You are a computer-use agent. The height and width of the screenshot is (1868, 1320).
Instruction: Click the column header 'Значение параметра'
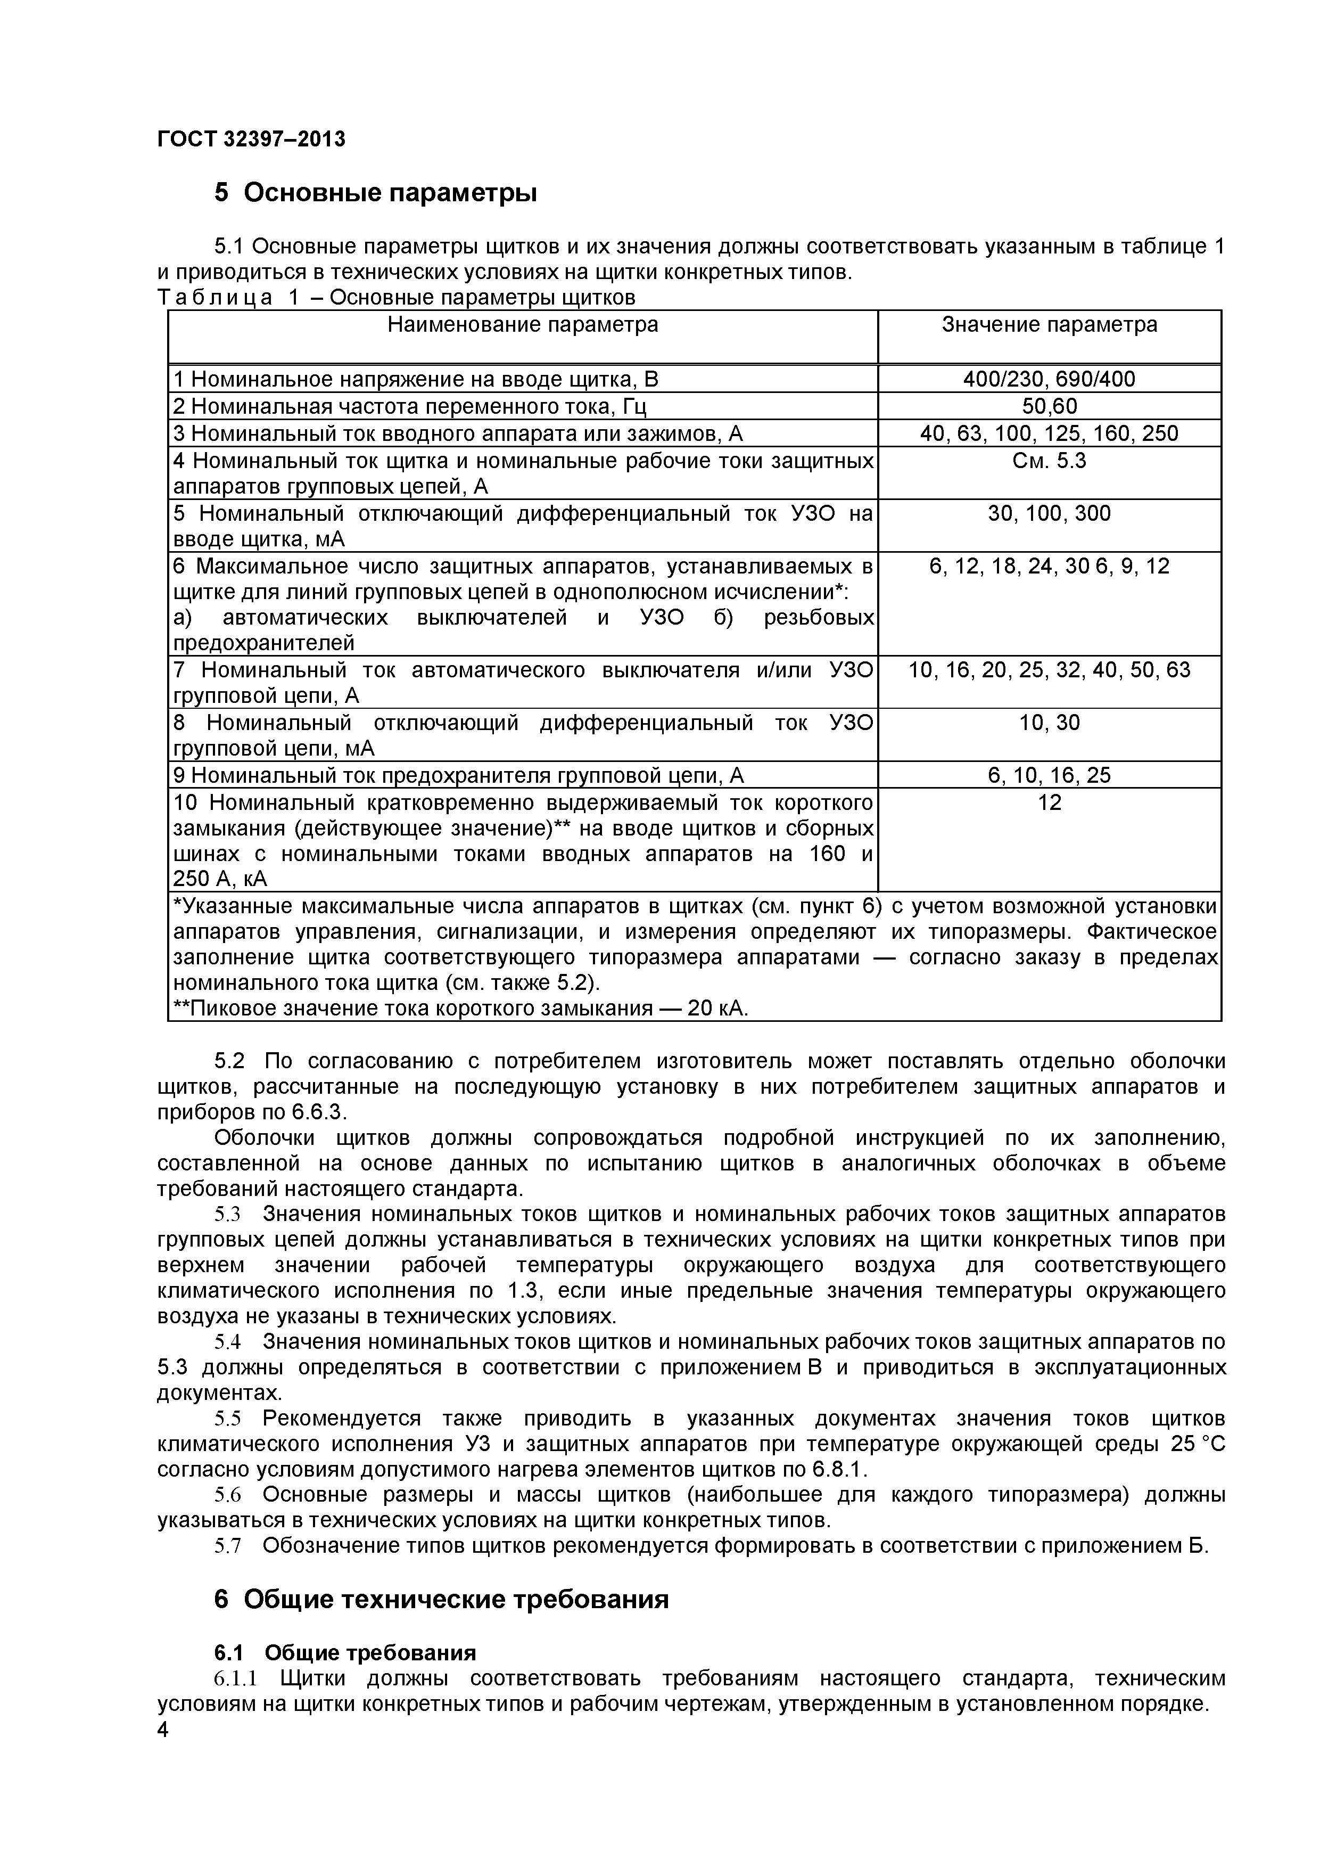(x=1049, y=325)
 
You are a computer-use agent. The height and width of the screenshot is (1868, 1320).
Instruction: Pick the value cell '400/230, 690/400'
(x=1049, y=379)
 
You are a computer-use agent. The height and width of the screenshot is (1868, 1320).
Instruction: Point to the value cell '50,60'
(x=1049, y=406)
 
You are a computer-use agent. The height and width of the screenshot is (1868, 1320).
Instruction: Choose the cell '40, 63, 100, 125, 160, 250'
(x=1049, y=433)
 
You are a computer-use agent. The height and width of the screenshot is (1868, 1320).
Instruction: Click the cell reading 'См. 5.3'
(x=1049, y=461)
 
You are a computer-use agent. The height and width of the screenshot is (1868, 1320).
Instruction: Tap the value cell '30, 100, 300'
(x=1049, y=513)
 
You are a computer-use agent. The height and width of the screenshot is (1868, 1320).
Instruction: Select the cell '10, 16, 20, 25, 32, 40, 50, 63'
(x=1049, y=670)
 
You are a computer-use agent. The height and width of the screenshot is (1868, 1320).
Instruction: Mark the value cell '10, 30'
(x=1049, y=723)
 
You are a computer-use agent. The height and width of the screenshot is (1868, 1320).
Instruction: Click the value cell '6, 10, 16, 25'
(x=1049, y=775)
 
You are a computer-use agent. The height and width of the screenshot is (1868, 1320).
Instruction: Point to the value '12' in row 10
(x=1049, y=803)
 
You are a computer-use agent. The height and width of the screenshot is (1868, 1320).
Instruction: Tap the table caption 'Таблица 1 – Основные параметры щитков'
(x=396, y=298)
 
